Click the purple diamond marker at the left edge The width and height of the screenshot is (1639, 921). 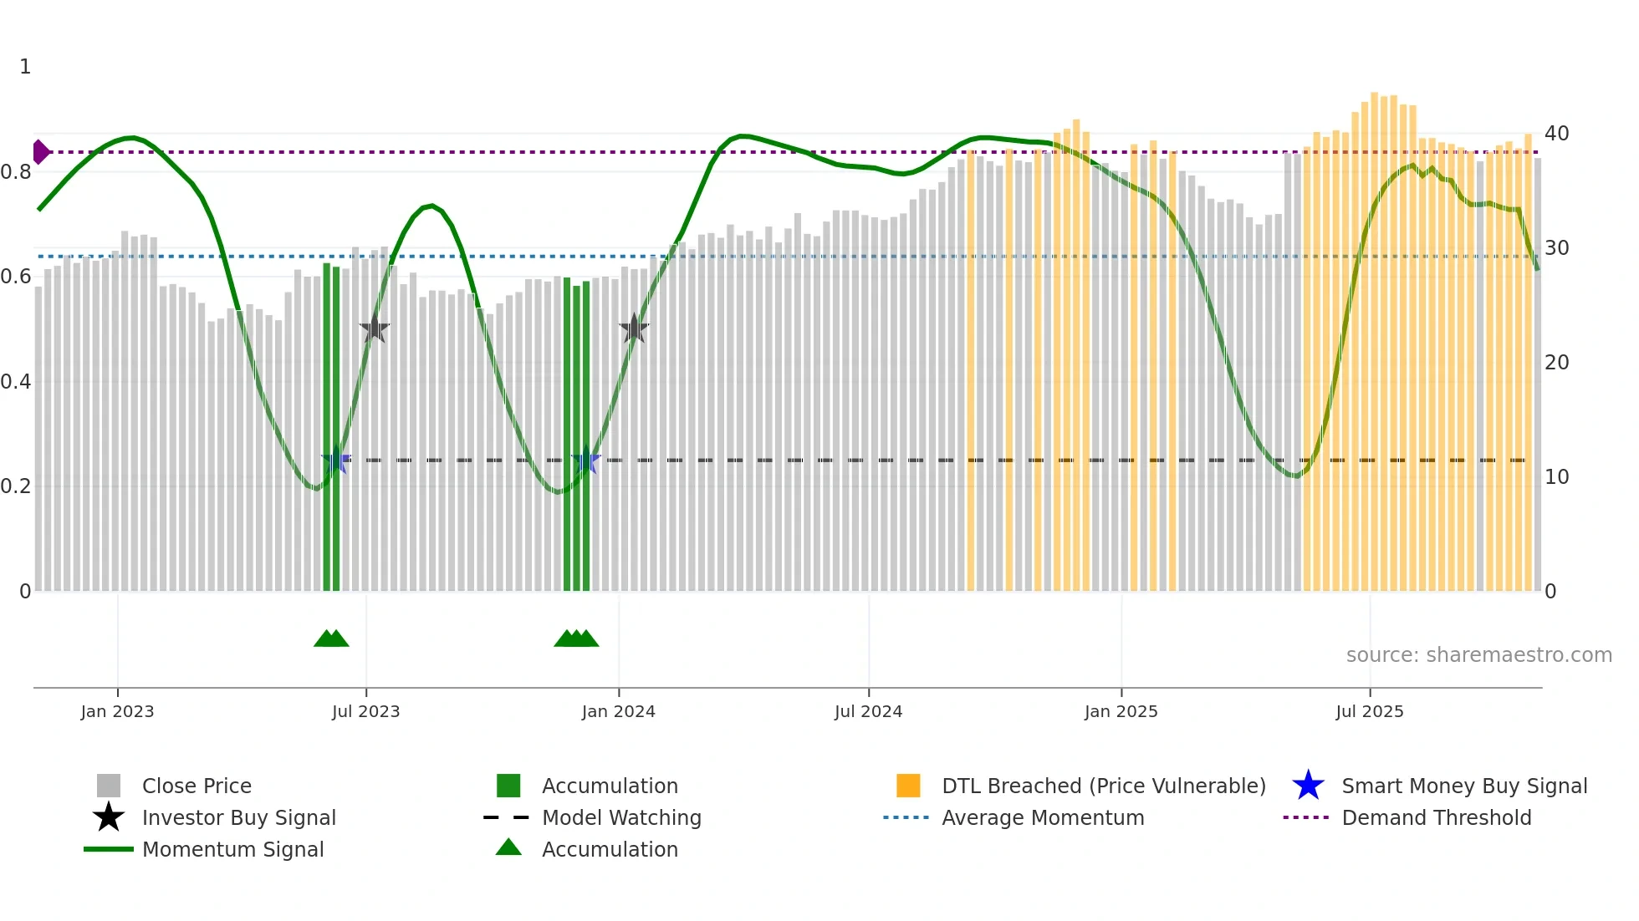point(40,152)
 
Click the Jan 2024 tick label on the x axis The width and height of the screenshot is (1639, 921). point(618,711)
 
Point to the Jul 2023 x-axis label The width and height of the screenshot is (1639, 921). point(365,711)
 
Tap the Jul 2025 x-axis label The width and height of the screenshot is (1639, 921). point(1369,711)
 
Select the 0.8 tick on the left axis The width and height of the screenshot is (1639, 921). point(16,172)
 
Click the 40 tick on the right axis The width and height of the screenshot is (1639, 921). point(1556,134)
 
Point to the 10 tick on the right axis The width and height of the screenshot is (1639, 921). point(1556,477)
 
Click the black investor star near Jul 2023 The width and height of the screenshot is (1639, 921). point(375,329)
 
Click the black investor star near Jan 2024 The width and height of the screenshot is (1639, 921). point(634,329)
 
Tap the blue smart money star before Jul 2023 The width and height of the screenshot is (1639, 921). point(336,460)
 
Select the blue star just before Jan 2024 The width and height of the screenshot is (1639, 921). point(585,460)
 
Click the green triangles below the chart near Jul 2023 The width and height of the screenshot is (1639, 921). point(331,639)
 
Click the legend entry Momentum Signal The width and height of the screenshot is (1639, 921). point(232,849)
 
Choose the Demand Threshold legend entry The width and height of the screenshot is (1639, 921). point(1436,817)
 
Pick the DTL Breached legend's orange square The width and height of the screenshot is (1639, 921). point(908,786)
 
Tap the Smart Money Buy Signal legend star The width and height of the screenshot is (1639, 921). point(1308,786)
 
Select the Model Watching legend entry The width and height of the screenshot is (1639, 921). point(620,817)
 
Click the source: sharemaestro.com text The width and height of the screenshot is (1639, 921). point(1478,655)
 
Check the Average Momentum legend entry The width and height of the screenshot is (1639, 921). point(1042,817)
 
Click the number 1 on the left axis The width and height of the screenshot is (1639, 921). point(25,67)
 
